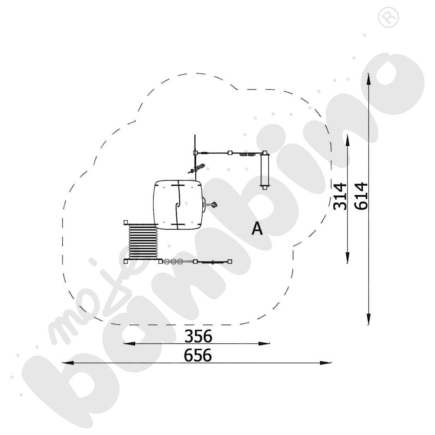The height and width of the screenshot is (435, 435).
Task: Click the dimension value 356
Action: [x=198, y=336]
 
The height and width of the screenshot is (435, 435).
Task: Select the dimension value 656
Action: [x=198, y=355]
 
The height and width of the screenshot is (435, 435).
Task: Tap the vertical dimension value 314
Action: [x=340, y=196]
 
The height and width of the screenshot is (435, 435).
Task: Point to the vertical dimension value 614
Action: [x=361, y=196]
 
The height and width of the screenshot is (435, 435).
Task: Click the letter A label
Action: [x=257, y=229]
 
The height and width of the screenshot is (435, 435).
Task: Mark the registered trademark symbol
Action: [x=388, y=17]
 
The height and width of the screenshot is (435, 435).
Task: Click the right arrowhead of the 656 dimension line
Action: [x=325, y=363]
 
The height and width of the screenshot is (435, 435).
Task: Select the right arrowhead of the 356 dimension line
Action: [x=264, y=344]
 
